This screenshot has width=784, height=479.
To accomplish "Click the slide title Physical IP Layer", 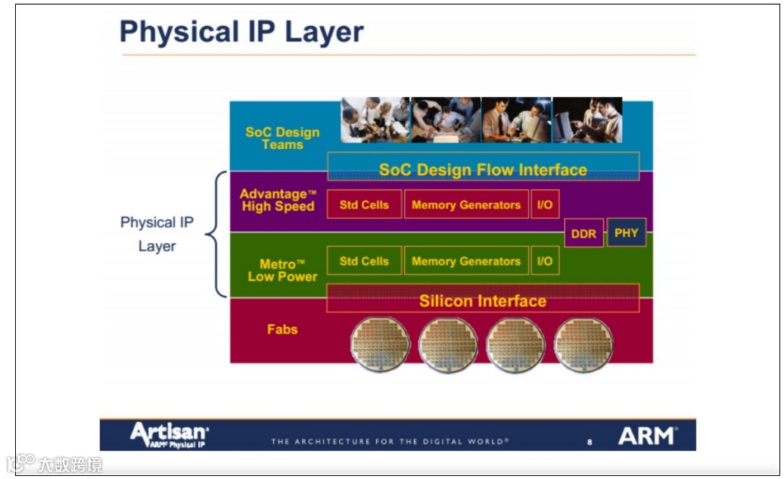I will (x=241, y=33).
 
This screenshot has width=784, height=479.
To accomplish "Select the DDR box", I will (x=583, y=234).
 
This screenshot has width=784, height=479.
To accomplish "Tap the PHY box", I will (x=626, y=233).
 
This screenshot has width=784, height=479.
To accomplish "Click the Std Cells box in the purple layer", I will (x=364, y=205).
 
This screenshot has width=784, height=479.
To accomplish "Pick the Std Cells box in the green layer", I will (x=364, y=261).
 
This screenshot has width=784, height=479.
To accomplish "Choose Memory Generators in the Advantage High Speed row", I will (x=465, y=205).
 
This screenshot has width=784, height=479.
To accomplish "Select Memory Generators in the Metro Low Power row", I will (x=465, y=261).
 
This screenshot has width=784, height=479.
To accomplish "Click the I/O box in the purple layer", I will (x=545, y=205).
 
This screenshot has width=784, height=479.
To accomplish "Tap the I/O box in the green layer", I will (x=545, y=261).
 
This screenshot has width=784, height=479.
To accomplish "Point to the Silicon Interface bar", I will (x=483, y=300).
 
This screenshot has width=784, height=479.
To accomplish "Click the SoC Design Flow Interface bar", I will (x=483, y=170).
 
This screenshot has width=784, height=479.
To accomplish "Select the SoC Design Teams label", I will (x=282, y=138).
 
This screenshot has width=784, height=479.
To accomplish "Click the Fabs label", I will (x=282, y=329).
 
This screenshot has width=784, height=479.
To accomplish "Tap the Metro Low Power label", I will (x=282, y=270).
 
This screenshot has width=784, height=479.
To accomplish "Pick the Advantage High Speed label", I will (x=278, y=201).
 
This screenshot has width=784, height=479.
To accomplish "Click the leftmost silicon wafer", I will (x=380, y=344).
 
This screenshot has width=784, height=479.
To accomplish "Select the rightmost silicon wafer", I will (x=583, y=344).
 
